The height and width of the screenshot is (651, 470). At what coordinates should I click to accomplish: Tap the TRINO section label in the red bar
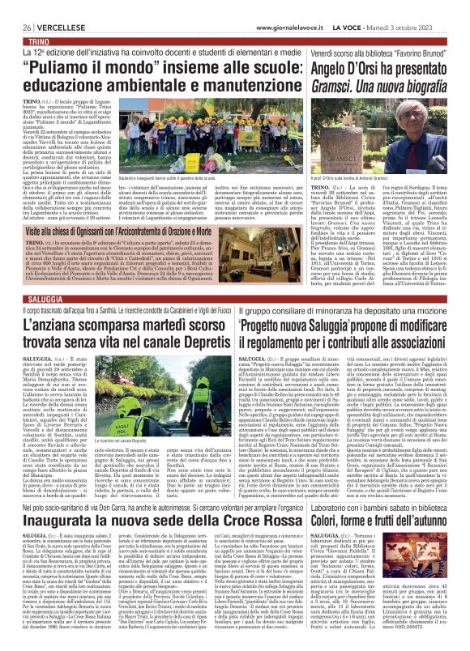point(23,17)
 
